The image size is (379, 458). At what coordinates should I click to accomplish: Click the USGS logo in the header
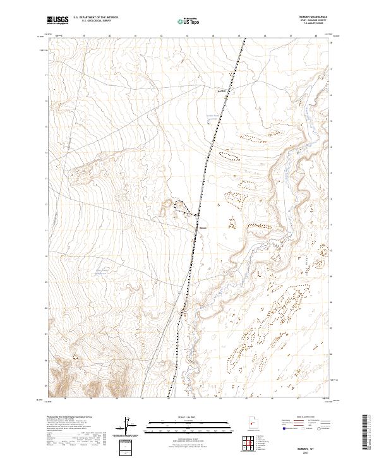[x=57, y=20]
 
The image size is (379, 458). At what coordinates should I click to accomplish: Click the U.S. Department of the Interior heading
[x=95, y=18]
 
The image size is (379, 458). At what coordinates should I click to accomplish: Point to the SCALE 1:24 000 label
[x=189, y=418]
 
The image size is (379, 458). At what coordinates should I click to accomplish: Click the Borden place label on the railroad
[x=203, y=227]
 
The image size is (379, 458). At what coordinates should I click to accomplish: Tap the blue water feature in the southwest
[x=100, y=272]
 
